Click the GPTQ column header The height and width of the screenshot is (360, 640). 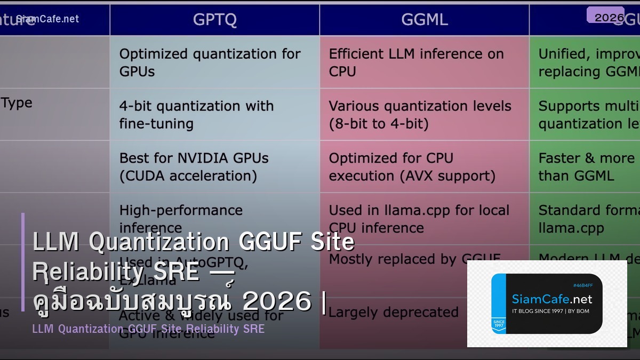point(214,20)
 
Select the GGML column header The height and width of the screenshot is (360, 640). point(425,20)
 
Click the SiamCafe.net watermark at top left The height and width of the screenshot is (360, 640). point(47,19)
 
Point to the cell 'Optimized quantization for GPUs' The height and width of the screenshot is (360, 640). point(210,62)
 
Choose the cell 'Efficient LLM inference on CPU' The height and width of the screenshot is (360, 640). point(416,62)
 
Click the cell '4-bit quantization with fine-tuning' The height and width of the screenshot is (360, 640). point(196,115)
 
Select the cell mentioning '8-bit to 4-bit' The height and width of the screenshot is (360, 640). point(420,115)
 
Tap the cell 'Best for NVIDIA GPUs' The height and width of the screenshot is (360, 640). point(194,166)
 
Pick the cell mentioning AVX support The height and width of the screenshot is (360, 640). point(412,166)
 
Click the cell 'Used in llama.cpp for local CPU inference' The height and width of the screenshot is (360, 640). point(419,219)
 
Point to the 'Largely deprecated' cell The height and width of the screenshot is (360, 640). point(394,312)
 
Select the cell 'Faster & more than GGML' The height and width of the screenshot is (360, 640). point(586,166)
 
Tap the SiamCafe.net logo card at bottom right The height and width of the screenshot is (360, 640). point(547,303)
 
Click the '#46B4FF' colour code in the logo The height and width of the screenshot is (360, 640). point(582,285)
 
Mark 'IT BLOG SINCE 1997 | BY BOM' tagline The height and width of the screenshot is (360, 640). point(550,311)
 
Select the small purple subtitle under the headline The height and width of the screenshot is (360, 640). point(148,329)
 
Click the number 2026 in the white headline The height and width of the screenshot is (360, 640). point(276,301)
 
